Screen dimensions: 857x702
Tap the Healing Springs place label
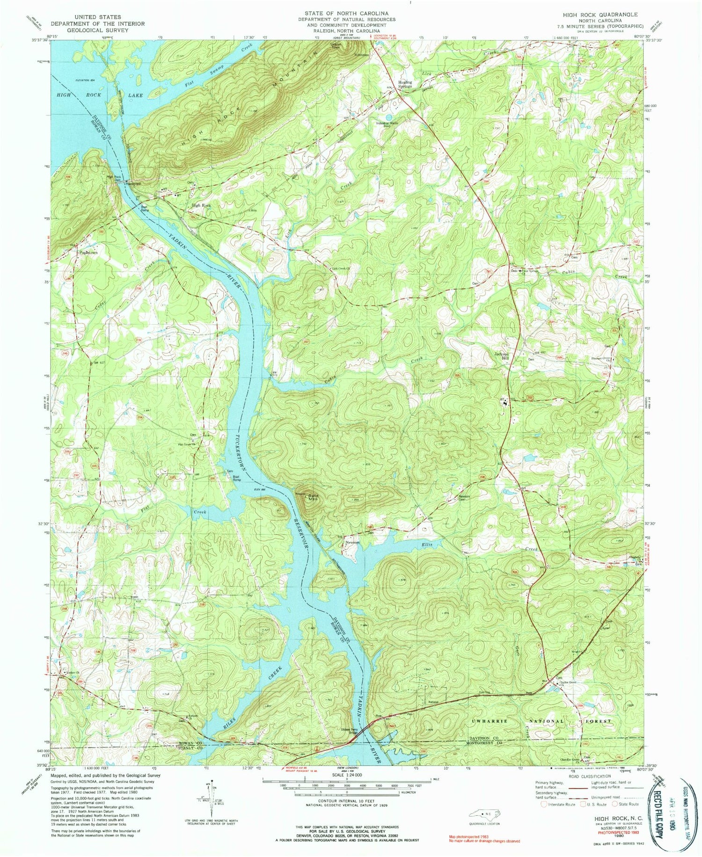[405, 83]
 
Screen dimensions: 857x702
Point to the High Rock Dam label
[114, 178]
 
